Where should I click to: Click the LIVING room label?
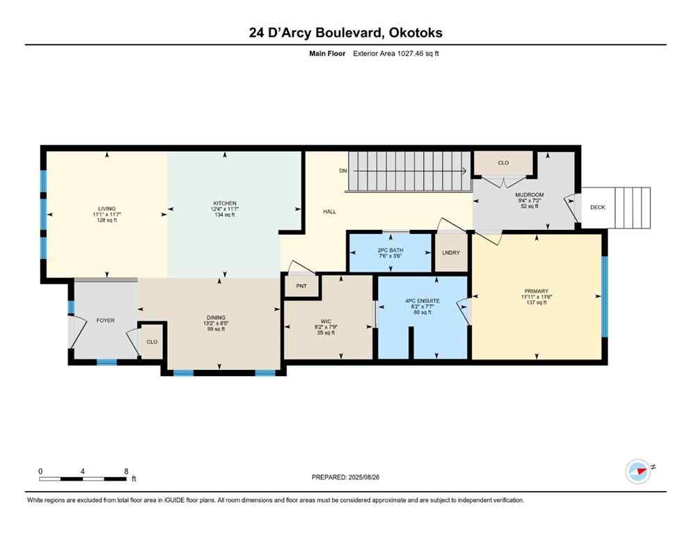click(106, 208)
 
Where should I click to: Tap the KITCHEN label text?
click(224, 203)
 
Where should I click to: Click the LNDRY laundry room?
click(451, 252)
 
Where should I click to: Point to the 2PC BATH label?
click(390, 250)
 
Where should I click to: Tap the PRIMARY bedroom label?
click(537, 291)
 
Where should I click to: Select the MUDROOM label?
click(530, 195)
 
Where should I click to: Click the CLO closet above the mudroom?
click(503, 163)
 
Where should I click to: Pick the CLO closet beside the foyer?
click(152, 342)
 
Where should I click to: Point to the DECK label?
click(598, 207)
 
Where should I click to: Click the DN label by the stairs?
click(343, 171)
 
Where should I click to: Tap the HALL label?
click(329, 211)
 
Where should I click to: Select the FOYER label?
click(105, 320)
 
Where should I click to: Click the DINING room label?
click(215, 318)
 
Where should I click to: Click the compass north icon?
click(637, 472)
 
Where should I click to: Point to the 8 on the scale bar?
click(126, 471)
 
